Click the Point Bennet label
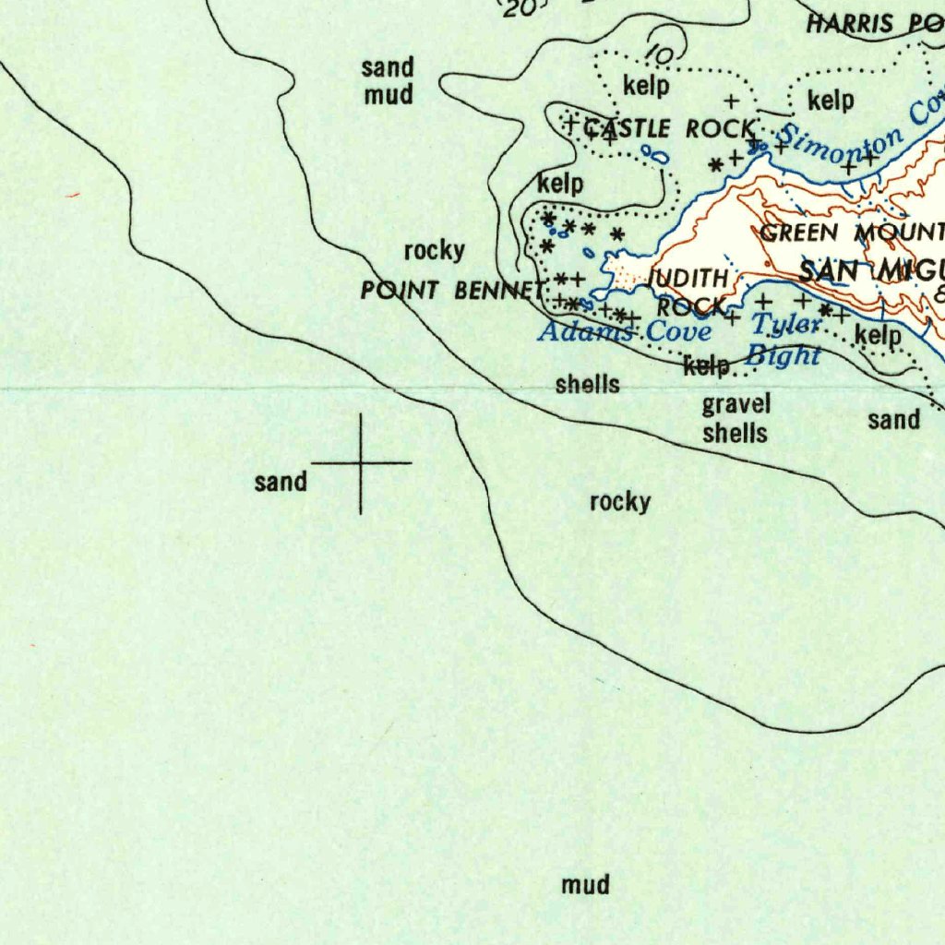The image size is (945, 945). point(452,291)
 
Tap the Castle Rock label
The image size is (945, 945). point(672,129)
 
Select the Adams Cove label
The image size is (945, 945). point(625,331)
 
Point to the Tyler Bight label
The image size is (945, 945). point(784,340)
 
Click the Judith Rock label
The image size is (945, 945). point(692,292)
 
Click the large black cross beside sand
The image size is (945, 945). point(361,462)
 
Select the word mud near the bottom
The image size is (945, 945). point(585,885)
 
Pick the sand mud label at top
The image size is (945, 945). point(388,81)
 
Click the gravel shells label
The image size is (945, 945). point(736,418)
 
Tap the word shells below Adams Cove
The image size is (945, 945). point(588,385)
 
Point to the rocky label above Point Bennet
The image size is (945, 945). point(434,251)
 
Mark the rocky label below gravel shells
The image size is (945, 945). point(620,502)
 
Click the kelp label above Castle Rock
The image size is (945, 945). point(646,87)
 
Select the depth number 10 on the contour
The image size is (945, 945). point(659,55)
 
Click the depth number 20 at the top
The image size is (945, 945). point(520,7)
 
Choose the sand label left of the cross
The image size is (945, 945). point(281,482)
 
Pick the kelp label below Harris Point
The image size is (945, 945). point(831,100)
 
